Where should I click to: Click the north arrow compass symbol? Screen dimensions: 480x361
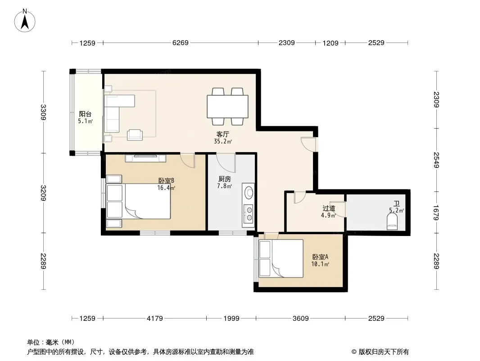click(25, 21)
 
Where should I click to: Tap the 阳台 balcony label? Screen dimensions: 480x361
click(85, 114)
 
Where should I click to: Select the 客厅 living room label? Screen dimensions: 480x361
click(222, 134)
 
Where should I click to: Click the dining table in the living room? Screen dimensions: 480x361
click(227, 106)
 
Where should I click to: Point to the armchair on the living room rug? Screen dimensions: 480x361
click(135, 134)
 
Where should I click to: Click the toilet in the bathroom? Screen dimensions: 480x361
click(392, 222)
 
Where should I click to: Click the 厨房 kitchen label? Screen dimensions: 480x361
click(224, 179)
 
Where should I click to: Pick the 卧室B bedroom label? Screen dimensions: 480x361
click(166, 180)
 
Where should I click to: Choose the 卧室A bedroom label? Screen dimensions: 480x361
click(320, 257)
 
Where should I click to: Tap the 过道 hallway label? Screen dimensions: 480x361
click(329, 208)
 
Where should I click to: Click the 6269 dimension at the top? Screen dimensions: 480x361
click(180, 42)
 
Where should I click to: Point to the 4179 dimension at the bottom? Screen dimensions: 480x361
click(154, 319)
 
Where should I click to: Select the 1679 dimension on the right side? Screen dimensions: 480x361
click(436, 213)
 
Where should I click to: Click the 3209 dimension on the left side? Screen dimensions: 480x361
click(43, 193)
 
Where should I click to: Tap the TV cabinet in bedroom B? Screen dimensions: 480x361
click(145, 158)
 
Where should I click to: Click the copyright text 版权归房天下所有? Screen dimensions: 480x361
click(384, 352)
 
